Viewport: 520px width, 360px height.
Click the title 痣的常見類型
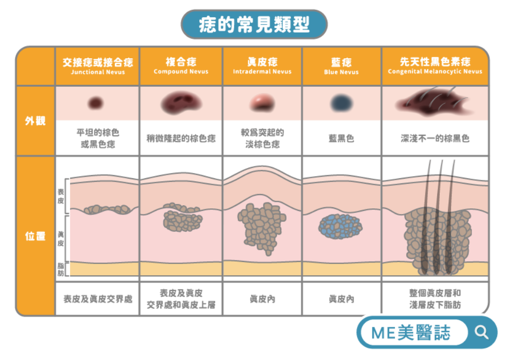(254, 25)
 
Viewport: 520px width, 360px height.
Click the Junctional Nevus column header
(98, 66)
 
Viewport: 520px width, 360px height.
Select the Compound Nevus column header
(181, 66)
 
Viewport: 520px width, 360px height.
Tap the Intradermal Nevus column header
(263, 66)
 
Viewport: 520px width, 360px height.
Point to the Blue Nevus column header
(342, 66)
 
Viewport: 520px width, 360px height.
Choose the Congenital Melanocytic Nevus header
(435, 66)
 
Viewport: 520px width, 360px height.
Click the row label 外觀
(35, 121)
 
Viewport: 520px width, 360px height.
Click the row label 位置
(35, 236)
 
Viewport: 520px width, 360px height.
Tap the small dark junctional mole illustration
(96, 103)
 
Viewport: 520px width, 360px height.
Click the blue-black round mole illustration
(342, 103)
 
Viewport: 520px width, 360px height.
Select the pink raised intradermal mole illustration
(263, 103)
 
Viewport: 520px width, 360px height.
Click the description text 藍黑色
(342, 138)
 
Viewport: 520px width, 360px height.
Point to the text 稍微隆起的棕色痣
(181, 138)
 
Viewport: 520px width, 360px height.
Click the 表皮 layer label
(61, 196)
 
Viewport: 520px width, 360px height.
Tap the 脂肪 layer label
(61, 270)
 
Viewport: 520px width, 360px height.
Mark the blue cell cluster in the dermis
(340, 227)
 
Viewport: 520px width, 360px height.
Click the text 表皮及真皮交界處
(98, 299)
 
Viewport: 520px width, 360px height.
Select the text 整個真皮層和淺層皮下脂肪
(435, 299)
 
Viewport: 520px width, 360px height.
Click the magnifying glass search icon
(481, 332)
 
